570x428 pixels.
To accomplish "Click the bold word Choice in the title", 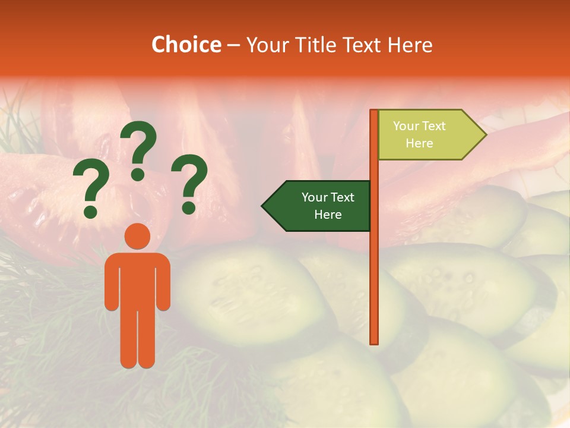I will point(186,45).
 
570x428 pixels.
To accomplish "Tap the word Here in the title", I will point(410,45).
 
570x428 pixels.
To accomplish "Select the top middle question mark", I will point(138,149).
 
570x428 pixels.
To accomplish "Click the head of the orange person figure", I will point(137,236).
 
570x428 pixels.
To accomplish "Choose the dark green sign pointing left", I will point(321,206).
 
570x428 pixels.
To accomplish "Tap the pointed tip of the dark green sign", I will point(264,206).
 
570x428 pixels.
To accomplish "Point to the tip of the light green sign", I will point(484,135).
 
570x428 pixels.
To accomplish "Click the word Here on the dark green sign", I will point(328,215).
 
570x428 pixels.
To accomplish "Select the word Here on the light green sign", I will point(419,143).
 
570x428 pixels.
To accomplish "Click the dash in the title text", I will point(233,45).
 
